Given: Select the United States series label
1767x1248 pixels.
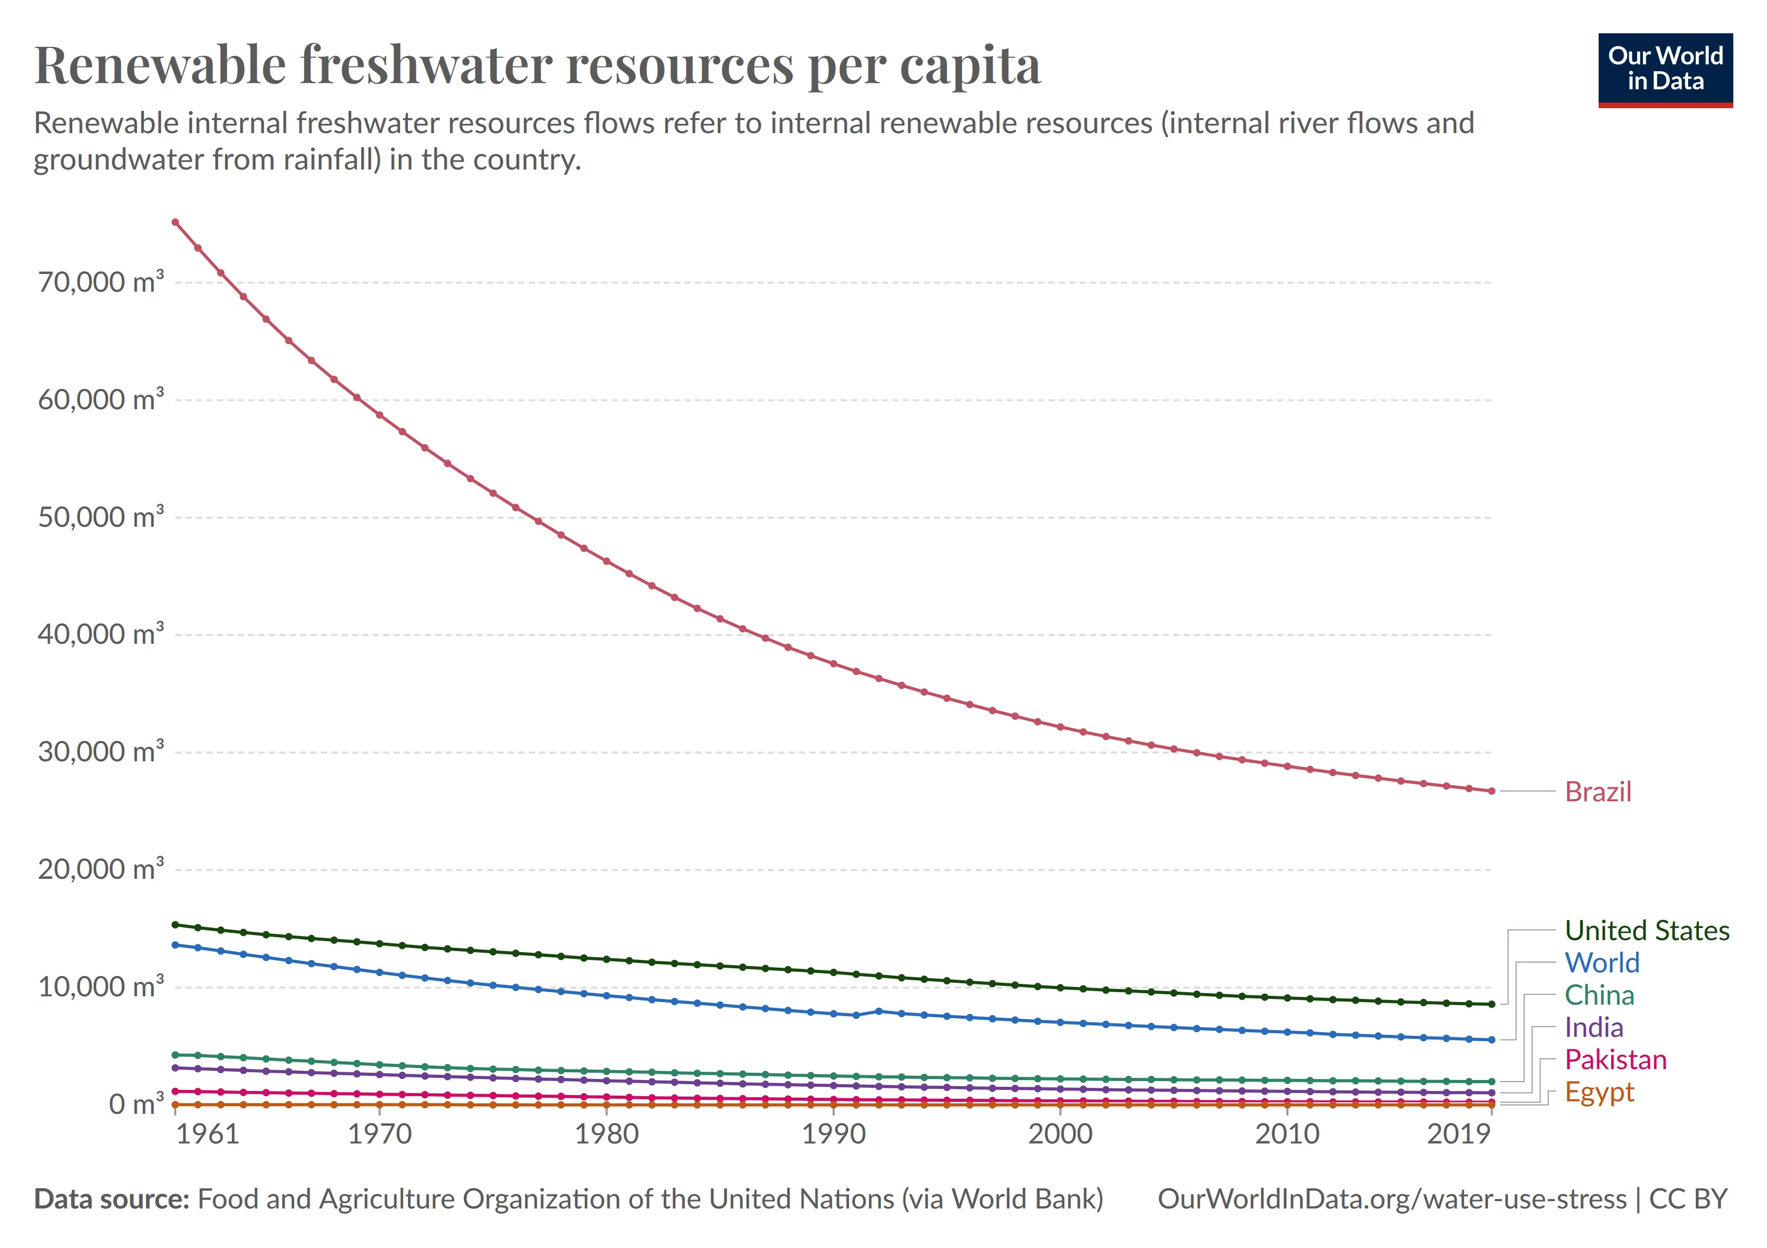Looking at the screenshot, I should tap(1647, 930).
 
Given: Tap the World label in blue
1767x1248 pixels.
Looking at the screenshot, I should tap(1602, 963).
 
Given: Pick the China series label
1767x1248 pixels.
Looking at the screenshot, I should tap(1599, 995).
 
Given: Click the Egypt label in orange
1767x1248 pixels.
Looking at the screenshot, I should tap(1599, 1091).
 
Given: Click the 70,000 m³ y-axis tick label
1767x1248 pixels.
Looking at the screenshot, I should tap(101, 282).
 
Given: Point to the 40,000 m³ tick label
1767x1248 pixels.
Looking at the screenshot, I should tap(101, 634).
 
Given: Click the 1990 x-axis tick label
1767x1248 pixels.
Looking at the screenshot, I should tap(834, 1134).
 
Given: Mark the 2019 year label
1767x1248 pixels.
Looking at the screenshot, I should tap(1459, 1134).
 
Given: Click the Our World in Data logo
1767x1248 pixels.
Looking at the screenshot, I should tap(1666, 69).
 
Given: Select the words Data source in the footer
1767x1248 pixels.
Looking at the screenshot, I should tap(112, 1199).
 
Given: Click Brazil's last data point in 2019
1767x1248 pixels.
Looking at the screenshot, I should tap(1492, 791).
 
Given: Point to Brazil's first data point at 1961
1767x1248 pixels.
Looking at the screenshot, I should tap(176, 223).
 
